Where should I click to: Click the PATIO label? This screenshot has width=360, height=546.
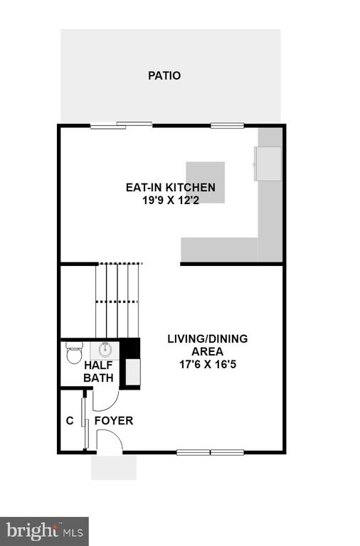164,75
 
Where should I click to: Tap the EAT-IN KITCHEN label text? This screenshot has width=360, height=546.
171,188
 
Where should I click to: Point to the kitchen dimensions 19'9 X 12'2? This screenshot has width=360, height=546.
171,200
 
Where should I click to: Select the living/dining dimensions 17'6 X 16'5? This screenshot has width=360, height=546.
208,364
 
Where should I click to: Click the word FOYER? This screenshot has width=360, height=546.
114,421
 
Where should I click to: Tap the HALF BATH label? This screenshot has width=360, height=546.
99,372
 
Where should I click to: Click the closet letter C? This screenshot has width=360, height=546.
70,421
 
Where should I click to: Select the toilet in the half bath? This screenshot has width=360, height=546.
74,353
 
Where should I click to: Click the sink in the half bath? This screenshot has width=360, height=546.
105,350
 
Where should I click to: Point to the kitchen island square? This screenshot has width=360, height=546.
206,183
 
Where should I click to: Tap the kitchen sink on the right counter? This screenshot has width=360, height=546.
268,164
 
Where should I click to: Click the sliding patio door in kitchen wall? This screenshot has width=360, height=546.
121,125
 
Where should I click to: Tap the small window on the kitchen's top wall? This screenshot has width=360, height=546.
227,125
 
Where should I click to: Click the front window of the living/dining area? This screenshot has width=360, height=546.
210,452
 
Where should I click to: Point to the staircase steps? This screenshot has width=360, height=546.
118,301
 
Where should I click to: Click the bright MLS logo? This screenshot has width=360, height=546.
44,531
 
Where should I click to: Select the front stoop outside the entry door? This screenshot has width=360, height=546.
114,467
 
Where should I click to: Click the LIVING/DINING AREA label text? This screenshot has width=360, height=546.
208,345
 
